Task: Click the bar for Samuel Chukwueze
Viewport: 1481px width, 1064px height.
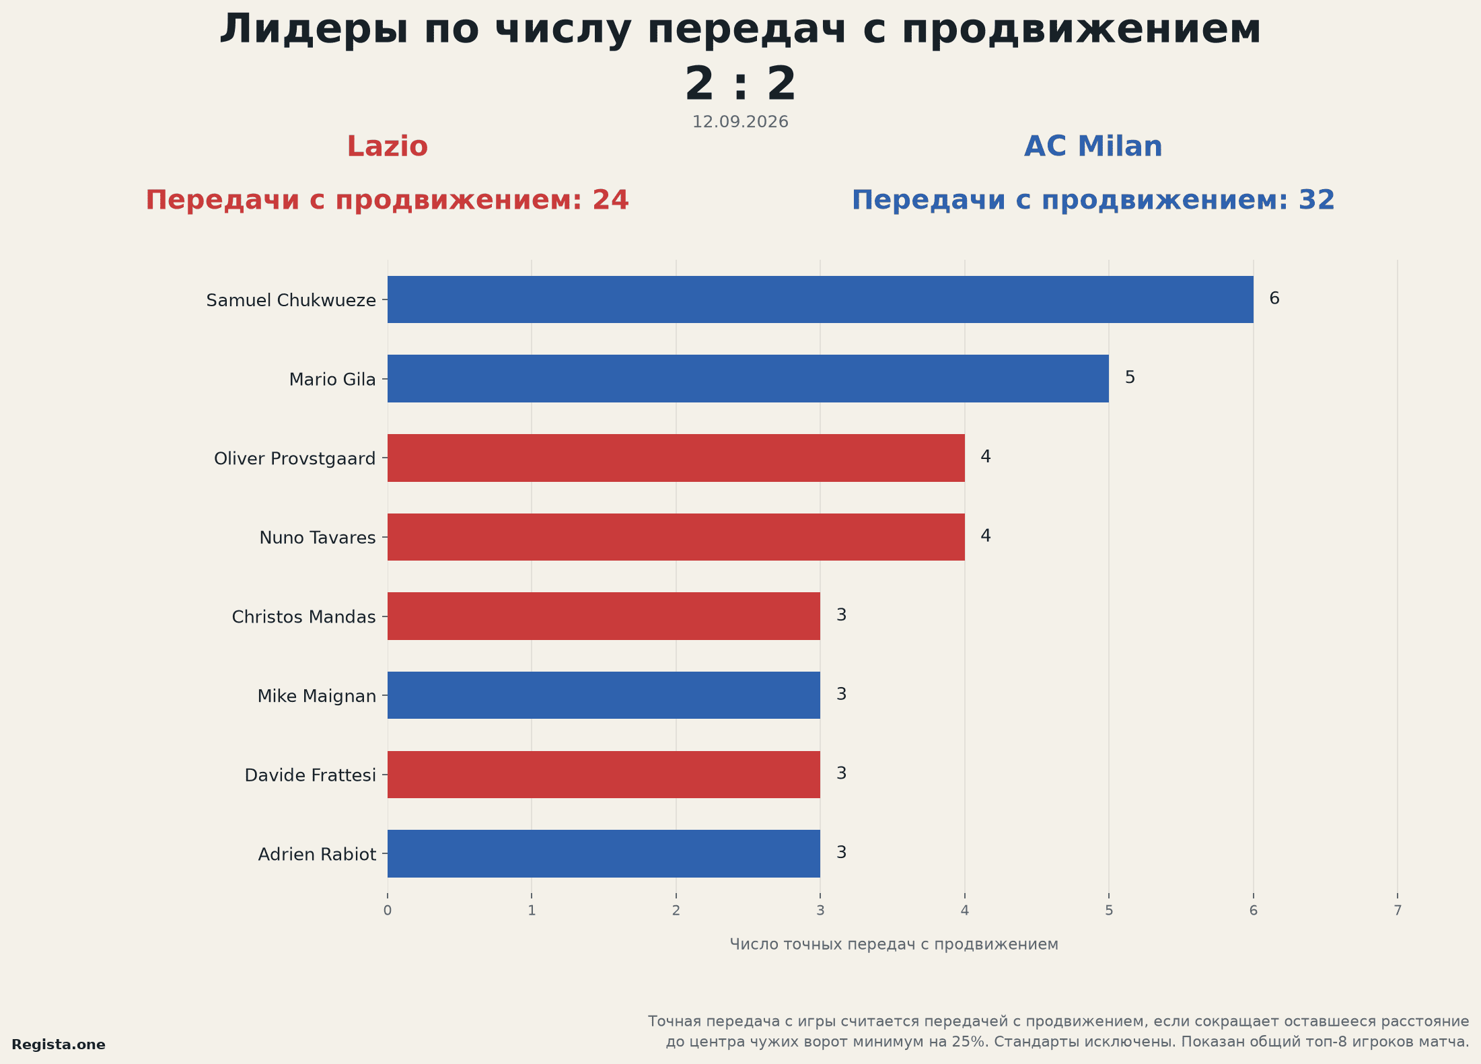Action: pyautogui.click(x=820, y=299)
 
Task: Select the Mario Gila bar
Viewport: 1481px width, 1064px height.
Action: pyautogui.click(x=748, y=379)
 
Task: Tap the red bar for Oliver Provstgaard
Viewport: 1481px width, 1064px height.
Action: pyautogui.click(x=676, y=458)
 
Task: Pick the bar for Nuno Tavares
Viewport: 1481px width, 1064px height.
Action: pyautogui.click(x=676, y=537)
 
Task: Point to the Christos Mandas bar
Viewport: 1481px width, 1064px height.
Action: pyautogui.click(x=604, y=616)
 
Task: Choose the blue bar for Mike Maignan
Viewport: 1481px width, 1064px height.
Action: pyautogui.click(x=604, y=695)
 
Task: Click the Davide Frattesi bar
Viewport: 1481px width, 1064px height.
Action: pyautogui.click(x=604, y=775)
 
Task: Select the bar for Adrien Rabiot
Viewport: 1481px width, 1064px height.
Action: pyautogui.click(x=604, y=853)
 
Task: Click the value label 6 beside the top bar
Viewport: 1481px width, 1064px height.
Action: pyautogui.click(x=1274, y=298)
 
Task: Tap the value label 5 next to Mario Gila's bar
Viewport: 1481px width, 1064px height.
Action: pyautogui.click(x=1130, y=378)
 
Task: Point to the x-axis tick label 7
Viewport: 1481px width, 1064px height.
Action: pyautogui.click(x=1398, y=911)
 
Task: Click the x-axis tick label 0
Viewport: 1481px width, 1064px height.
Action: pyautogui.click(x=388, y=911)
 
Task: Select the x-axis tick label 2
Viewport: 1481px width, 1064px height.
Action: pyautogui.click(x=676, y=911)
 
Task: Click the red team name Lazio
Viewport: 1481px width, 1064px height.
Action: pyautogui.click(x=388, y=147)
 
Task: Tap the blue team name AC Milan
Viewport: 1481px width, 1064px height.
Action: pyautogui.click(x=1093, y=147)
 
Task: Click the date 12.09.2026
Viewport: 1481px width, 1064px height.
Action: pyautogui.click(x=740, y=122)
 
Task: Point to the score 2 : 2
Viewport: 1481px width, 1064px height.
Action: pyautogui.click(x=740, y=84)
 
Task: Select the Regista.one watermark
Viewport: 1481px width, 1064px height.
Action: pyautogui.click(x=59, y=1044)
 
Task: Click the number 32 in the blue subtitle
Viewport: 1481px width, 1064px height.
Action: pyautogui.click(x=1317, y=200)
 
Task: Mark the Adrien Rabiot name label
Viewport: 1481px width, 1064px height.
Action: pyautogui.click(x=317, y=854)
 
